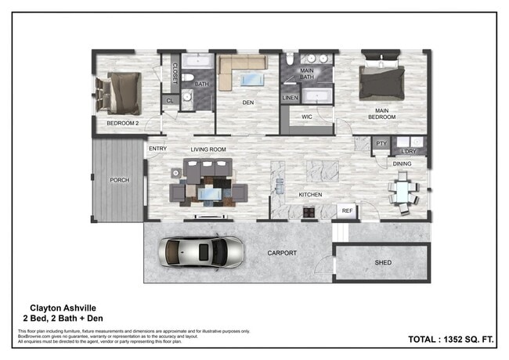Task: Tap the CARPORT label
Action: (282, 253)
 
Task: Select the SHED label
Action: (383, 263)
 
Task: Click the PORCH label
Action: (119, 180)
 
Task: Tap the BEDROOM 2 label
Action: (123, 124)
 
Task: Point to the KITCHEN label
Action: (310, 195)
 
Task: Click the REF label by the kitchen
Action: (347, 211)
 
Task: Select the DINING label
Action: (402, 164)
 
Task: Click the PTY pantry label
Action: (381, 144)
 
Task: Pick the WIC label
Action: (306, 117)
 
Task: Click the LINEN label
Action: (290, 97)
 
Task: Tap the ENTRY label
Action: (157, 148)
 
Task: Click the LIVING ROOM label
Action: (208, 149)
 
